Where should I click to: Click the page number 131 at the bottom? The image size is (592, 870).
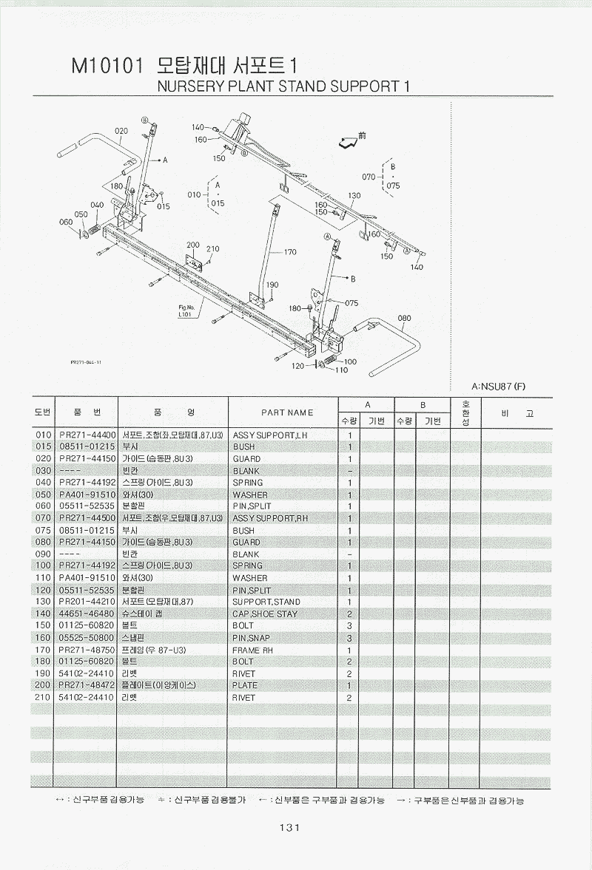coord(289,828)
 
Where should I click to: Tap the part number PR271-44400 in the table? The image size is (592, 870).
coord(86,435)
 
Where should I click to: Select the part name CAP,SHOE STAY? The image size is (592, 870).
coord(265,614)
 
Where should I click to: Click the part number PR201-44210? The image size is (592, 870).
coord(86,602)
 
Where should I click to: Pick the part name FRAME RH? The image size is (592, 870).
coord(253,650)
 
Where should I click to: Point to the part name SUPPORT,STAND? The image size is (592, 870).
coord(266,602)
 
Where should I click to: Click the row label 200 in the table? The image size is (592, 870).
coord(42,685)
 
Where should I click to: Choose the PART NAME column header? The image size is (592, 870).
coord(287,412)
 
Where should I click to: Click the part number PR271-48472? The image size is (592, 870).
coord(86,685)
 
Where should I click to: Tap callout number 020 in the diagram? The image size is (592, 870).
coord(121,132)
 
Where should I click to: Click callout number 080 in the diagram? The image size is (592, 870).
coord(404,319)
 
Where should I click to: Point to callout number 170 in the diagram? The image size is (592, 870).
coord(289,252)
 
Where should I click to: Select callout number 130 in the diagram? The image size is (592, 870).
coord(354,196)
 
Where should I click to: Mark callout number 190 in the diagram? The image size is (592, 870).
coord(272,285)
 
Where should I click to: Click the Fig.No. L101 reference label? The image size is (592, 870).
coord(186,310)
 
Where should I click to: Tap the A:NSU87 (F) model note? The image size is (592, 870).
coord(497,386)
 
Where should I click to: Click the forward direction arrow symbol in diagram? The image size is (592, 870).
coord(347,140)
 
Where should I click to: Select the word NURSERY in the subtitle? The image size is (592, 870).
coord(184,86)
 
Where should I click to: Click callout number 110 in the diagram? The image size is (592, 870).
coord(341,370)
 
